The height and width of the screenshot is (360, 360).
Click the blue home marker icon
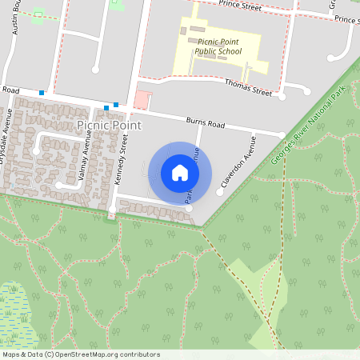(180, 172)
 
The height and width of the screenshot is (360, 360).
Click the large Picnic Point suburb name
(109, 126)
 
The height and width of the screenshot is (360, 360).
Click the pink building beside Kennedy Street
(142, 100)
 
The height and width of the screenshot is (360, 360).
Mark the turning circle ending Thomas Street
(282, 96)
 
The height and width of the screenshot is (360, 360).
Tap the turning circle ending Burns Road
(282, 134)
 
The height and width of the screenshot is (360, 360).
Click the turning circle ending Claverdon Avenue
(219, 192)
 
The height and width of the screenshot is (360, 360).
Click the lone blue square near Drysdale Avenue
(42, 94)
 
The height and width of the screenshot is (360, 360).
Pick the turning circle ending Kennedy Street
(112, 210)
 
